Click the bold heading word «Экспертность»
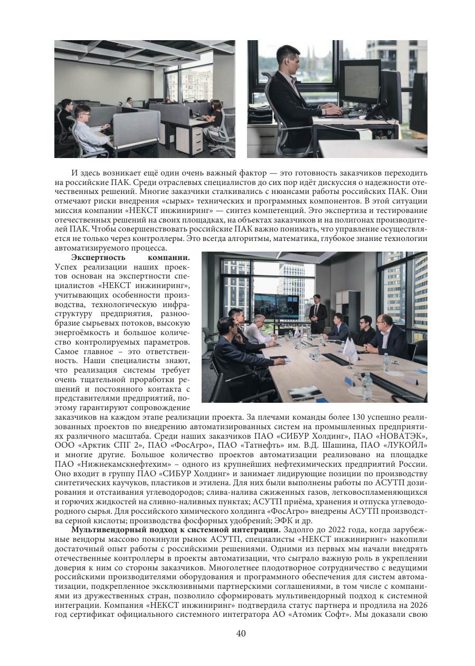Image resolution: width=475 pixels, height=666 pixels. [99, 257]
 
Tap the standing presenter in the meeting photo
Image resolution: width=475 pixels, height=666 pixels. [318, 313]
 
